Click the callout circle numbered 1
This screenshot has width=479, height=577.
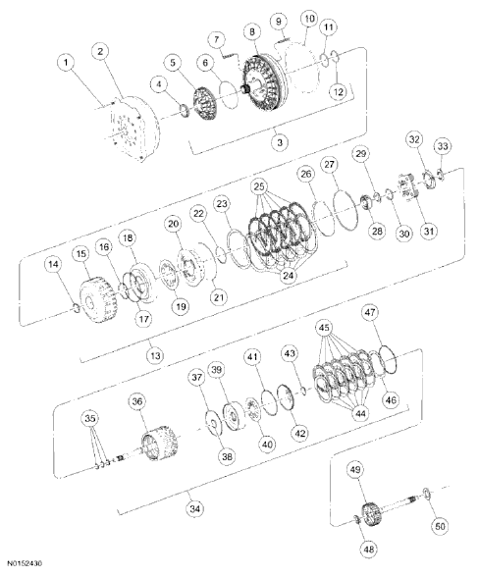click(66, 64)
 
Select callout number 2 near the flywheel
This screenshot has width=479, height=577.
click(100, 50)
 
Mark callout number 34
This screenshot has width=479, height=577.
click(195, 509)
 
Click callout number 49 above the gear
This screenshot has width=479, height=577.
click(357, 470)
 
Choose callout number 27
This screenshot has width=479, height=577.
click(329, 166)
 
